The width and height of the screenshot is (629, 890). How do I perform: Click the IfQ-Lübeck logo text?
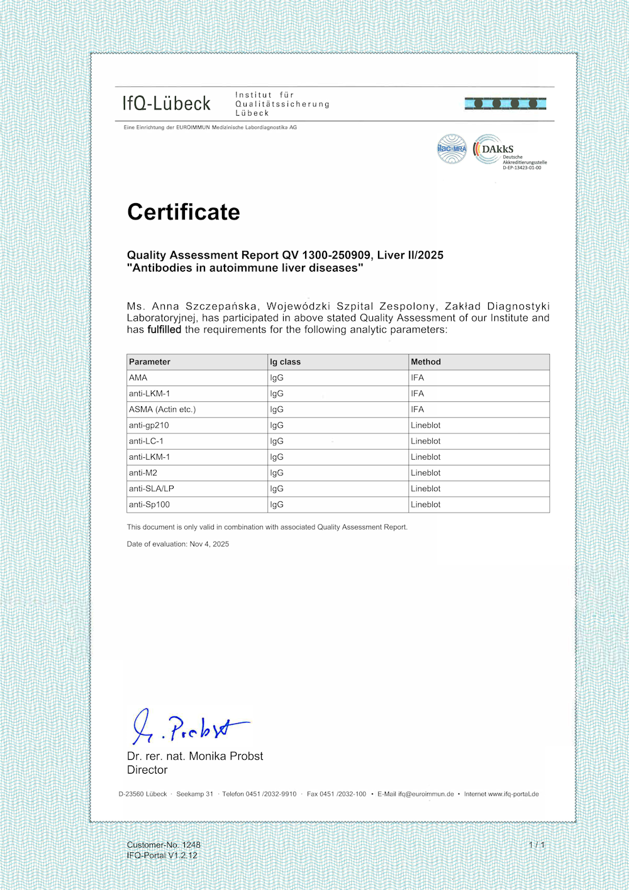point(167,104)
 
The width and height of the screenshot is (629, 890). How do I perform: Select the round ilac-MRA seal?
point(452,149)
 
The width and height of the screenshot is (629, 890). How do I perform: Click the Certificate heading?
point(184,212)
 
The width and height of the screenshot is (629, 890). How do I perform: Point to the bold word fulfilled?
point(164,330)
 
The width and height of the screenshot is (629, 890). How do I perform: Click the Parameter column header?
point(150,362)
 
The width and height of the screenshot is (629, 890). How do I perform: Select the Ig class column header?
point(285,362)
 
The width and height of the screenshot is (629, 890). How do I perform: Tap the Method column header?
point(426,362)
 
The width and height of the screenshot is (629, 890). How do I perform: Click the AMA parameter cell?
point(138,378)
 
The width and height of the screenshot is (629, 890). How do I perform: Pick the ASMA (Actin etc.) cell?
point(162,409)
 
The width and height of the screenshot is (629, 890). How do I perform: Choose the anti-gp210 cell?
point(149,425)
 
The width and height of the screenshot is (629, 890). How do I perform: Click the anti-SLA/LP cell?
point(152,489)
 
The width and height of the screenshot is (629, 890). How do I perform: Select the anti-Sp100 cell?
point(150,504)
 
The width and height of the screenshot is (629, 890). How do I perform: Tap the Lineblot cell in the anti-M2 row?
point(426,473)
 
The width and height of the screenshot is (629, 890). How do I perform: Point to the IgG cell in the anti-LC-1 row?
point(277,442)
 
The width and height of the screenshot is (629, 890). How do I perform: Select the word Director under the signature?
point(147,770)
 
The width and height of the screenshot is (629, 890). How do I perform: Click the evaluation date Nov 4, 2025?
point(209,544)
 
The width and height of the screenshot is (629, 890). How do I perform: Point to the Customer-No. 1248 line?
point(164,845)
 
